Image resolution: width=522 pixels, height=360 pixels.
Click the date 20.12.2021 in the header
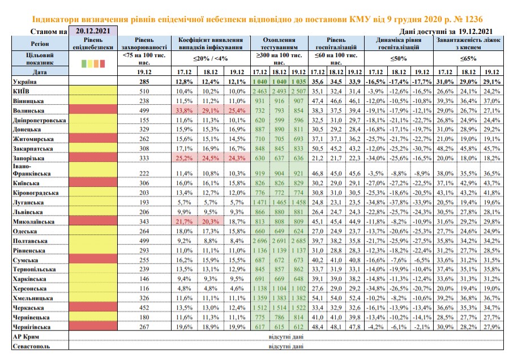coord(93,31)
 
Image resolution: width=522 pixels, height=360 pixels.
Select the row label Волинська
coord(29,110)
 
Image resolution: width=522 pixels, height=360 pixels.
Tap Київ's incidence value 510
coord(144,91)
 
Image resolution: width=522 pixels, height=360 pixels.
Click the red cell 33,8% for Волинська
coord(184,110)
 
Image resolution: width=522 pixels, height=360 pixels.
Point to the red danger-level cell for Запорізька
coord(93,158)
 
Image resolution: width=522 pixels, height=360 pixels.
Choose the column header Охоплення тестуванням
coord(279,43)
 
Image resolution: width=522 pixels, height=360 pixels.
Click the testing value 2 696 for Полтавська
coord(260,241)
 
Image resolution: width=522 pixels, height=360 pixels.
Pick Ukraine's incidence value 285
coord(144,82)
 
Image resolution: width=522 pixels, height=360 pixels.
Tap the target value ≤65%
coord(468,58)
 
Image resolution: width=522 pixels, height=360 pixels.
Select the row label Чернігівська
coord(32,327)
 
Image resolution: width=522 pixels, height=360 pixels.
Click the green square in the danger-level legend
coord(84,63)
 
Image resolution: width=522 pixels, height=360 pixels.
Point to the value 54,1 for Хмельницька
coord(317,298)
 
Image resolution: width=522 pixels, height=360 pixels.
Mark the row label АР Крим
coord(25,337)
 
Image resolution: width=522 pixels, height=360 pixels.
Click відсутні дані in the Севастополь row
coord(286,346)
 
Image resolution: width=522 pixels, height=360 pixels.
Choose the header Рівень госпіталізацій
coord(336,43)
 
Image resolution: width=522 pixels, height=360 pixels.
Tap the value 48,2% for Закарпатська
coord(445,148)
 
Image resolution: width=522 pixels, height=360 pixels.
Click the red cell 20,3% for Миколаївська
coord(211,221)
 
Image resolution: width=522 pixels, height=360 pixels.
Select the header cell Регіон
coord(40,44)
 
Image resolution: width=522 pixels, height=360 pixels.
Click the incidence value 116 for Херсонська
coord(144,289)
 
